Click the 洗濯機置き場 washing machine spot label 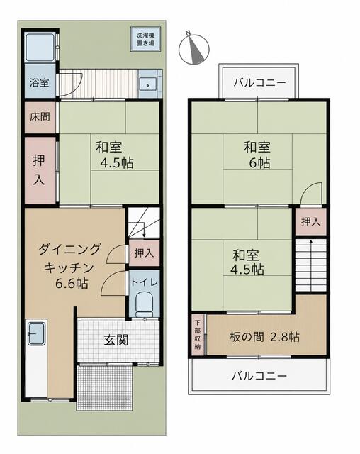pos(145,39)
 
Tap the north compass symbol pos(193,48)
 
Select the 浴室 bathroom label pos(39,82)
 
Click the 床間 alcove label pos(40,116)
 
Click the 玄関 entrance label pos(116,340)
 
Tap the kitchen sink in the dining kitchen pos(36,333)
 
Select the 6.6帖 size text pos(72,284)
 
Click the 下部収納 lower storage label pos(197,334)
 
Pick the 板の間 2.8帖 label pos(264,337)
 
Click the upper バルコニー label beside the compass pos(259,83)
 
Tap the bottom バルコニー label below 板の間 pos(259,376)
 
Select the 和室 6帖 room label pos(257,155)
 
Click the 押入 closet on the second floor pos(311,222)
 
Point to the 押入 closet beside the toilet pos(144,253)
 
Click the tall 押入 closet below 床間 pos(39,170)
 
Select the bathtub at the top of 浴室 pos(40,48)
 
